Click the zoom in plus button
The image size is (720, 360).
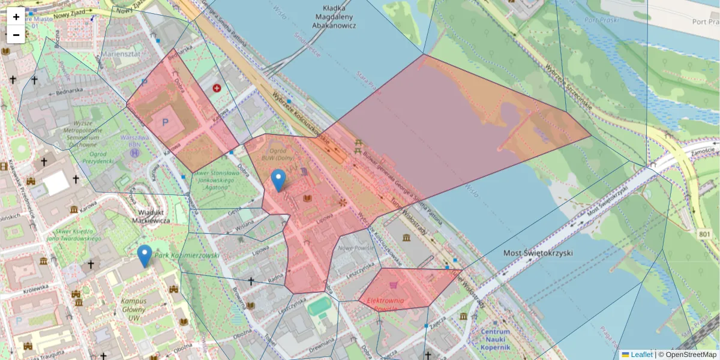click(x=16, y=17)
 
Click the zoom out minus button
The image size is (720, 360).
click(x=16, y=35)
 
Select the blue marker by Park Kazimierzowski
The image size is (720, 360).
click(x=144, y=256)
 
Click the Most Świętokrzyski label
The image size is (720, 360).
click(x=537, y=253)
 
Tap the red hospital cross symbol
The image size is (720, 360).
click(x=217, y=88)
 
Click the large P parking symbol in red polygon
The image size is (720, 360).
click(x=165, y=122)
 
